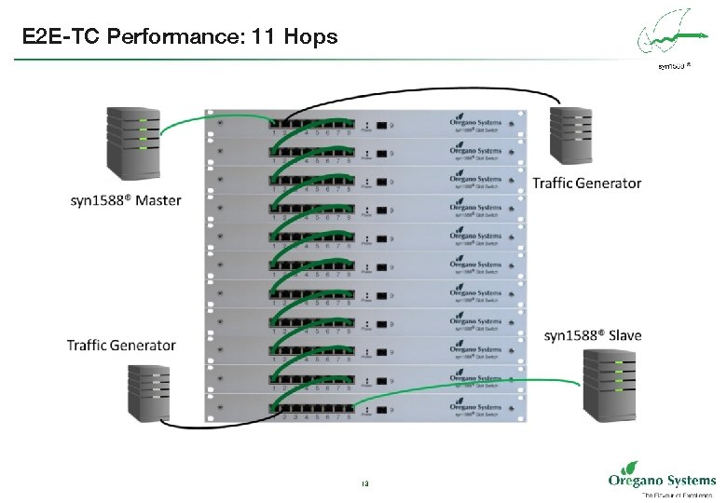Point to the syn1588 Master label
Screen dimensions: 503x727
126,200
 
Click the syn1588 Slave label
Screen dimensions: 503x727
593,334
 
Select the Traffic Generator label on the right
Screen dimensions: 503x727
586,183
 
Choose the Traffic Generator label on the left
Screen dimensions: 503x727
121,345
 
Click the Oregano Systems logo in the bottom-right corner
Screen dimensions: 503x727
661,482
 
